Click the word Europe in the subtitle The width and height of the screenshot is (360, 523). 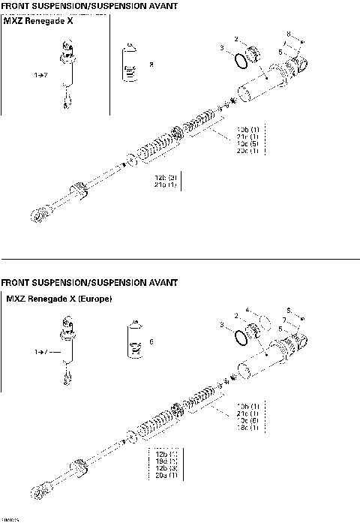coord(91,299)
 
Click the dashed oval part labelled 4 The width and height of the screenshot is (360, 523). coord(265,322)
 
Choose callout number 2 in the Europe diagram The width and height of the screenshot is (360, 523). coord(237,316)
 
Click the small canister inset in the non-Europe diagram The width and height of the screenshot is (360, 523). coord(130,65)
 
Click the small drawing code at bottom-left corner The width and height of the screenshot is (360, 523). coord(10,518)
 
